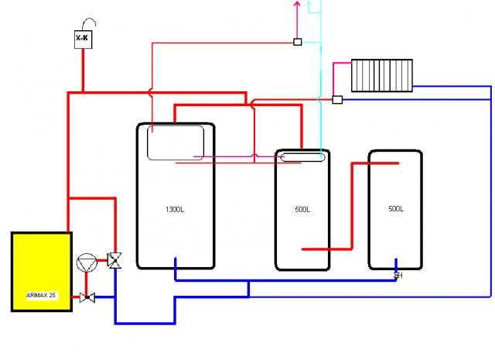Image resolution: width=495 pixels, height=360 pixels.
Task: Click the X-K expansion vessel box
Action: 84,39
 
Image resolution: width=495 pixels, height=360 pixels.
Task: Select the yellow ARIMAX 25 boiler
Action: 42,272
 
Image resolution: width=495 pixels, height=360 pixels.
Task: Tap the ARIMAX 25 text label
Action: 41,295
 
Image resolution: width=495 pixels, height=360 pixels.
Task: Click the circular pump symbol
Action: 87,263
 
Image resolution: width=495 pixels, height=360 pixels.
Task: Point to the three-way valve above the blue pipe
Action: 114,261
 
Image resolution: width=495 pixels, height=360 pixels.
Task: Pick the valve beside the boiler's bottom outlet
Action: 87,297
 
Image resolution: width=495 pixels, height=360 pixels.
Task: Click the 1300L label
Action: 175,209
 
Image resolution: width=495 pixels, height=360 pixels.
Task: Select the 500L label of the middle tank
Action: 302,209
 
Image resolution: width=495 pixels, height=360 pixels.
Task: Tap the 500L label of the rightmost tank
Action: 396,208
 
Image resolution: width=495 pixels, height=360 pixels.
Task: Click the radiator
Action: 382,76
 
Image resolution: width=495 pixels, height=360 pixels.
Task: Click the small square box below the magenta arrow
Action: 297,42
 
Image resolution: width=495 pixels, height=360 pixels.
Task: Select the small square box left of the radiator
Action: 337,100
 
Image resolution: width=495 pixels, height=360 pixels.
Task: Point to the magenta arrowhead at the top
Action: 297,4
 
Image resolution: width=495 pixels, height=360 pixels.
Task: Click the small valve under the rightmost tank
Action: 398,276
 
